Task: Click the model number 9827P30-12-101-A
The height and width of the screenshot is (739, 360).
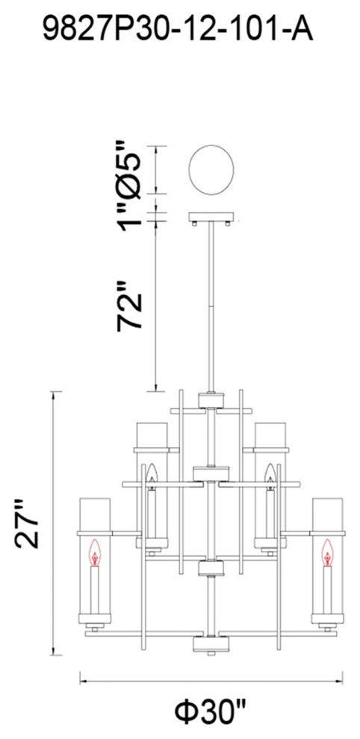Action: (x=178, y=29)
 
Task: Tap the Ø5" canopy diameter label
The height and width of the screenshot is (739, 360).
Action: (x=129, y=169)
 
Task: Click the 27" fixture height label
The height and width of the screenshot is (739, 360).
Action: (x=28, y=524)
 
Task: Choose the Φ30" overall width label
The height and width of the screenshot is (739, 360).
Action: (x=211, y=711)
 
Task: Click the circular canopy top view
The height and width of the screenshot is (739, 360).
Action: (x=211, y=169)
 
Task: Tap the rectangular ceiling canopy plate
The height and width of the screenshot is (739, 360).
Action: (x=211, y=217)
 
